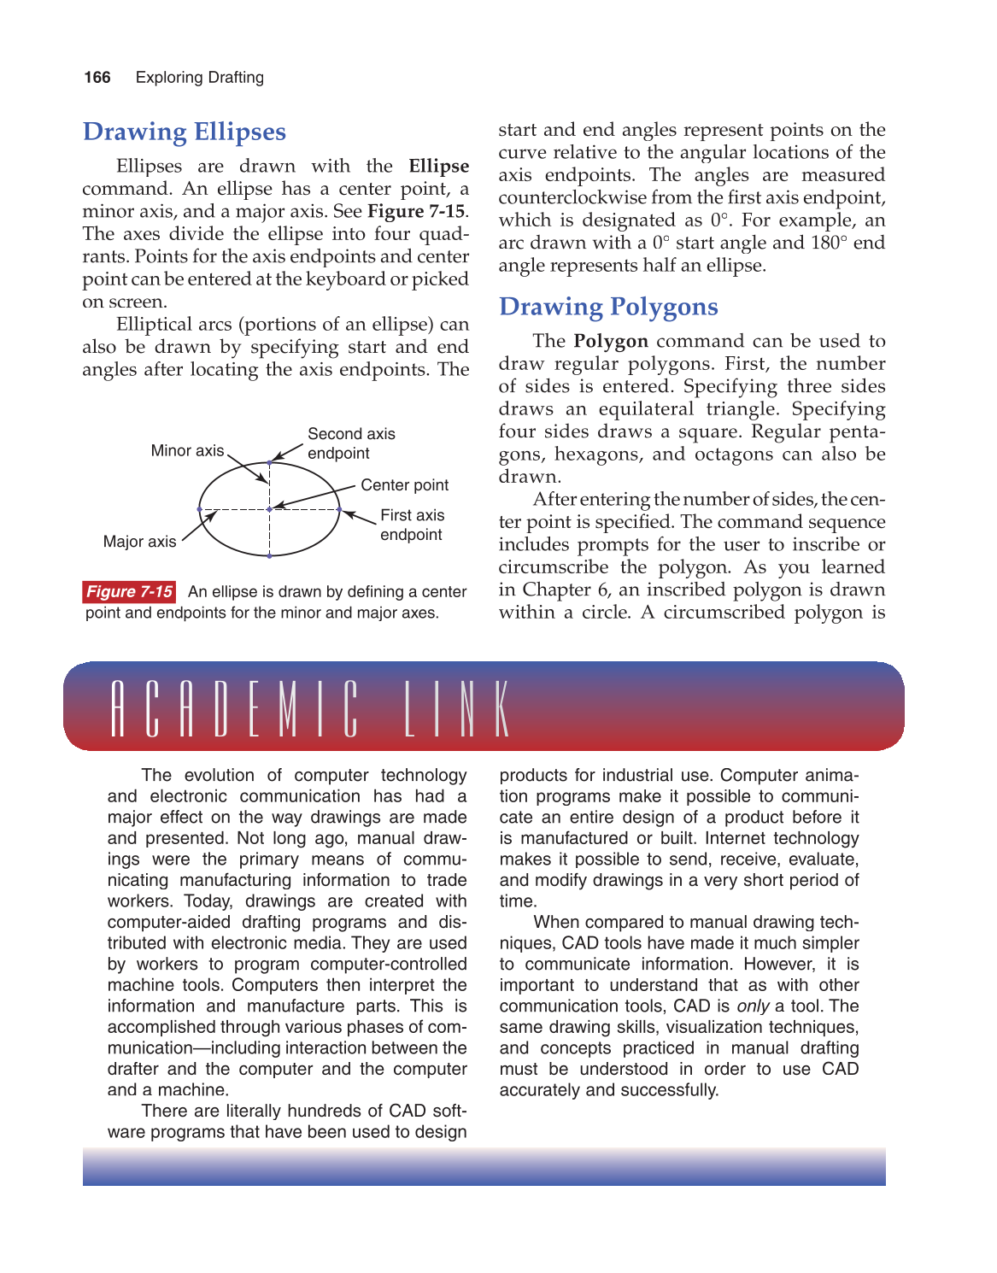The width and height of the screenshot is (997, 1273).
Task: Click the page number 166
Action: pos(97,78)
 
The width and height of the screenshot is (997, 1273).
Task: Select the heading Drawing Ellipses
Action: pos(185,132)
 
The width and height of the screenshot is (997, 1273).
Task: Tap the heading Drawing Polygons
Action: pos(608,307)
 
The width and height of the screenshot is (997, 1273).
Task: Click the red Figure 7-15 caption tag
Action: pos(130,592)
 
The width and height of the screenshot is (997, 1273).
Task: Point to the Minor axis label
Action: pos(187,450)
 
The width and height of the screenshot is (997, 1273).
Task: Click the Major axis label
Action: pos(139,542)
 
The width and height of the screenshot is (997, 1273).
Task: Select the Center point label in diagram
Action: pos(404,485)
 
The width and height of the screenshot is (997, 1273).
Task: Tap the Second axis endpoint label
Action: pos(351,443)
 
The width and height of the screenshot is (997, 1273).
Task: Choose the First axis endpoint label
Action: pos(412,525)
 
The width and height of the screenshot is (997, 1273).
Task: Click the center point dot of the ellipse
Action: pos(270,509)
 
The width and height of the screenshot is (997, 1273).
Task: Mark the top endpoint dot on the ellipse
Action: pos(270,462)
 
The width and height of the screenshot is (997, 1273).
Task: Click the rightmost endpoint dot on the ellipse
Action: pos(339,509)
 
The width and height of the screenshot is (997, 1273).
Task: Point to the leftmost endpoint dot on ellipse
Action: pos(200,509)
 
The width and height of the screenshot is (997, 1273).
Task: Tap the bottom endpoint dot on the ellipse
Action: pos(270,556)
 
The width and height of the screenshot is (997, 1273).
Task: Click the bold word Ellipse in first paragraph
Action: pos(438,167)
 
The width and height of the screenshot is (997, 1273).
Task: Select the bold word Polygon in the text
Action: pos(611,342)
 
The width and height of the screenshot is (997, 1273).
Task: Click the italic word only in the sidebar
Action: pos(753,1006)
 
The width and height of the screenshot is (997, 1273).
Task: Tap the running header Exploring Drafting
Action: pos(200,78)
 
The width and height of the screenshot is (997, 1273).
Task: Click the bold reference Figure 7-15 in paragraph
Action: pos(416,212)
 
